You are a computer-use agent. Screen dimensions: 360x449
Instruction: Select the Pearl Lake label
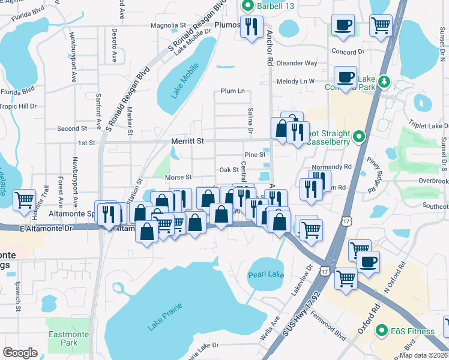(266, 275)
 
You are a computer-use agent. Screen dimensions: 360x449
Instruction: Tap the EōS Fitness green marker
(381, 331)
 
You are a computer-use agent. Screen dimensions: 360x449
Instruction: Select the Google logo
(20, 353)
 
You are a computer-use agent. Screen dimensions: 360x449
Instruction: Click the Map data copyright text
(423, 355)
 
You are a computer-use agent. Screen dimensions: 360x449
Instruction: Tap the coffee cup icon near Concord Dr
(343, 25)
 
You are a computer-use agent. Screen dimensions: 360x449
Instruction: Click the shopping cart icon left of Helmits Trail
(24, 199)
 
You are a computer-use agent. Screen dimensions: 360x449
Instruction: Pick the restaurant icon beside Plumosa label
(251, 26)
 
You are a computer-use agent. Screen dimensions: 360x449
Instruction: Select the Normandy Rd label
(331, 167)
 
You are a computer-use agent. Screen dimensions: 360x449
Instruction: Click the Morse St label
(178, 178)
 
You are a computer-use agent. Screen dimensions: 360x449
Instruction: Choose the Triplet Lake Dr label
(429, 125)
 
